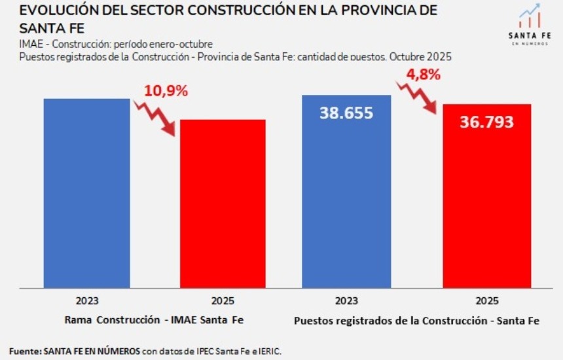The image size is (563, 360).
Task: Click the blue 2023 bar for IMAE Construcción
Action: click(87, 193)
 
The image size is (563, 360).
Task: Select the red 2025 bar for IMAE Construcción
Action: click(223, 203)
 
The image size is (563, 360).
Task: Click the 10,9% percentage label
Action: click(166, 91)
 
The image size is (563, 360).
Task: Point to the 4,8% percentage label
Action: click(424, 74)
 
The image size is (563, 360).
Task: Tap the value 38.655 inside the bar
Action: click(346, 113)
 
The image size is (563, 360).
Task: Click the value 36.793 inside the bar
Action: click(486, 122)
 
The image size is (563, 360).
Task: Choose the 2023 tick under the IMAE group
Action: click(87, 301)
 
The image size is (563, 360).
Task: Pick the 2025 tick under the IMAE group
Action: click(223, 301)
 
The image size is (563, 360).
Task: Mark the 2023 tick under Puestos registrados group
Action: click(346, 301)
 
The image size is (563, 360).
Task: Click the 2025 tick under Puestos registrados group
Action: click(486, 301)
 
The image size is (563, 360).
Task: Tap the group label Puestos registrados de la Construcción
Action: click(416, 321)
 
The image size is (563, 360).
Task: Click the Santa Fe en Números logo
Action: click(530, 25)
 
